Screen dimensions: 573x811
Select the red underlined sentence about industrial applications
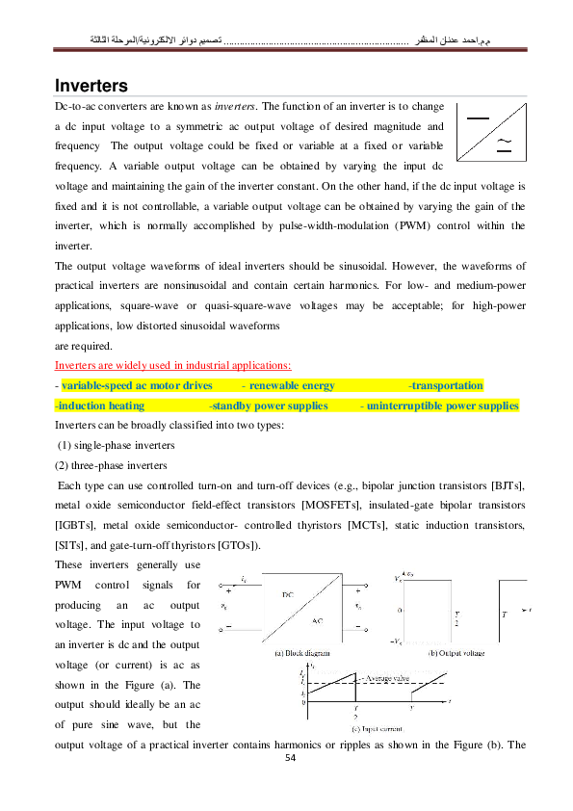point(173,366)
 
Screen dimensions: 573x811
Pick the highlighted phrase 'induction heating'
point(100,405)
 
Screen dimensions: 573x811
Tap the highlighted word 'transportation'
point(446,385)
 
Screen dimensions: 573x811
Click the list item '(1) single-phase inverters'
point(117,445)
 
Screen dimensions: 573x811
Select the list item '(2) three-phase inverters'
point(112,465)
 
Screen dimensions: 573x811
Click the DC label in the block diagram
point(288,594)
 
